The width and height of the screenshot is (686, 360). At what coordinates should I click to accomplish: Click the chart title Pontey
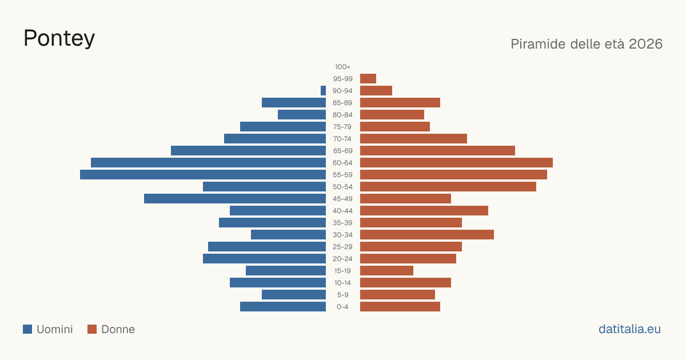pyautogui.click(x=59, y=39)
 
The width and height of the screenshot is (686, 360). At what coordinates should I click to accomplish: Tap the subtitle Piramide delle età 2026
pyautogui.click(x=587, y=44)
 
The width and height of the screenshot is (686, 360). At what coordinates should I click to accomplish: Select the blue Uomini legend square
pyautogui.click(x=27, y=329)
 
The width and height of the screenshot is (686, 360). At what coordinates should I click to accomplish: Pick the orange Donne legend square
pyautogui.click(x=92, y=329)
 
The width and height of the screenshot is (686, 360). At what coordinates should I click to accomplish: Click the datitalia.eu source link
pyautogui.click(x=629, y=329)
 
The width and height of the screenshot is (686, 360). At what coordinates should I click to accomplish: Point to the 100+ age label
pyautogui.click(x=342, y=67)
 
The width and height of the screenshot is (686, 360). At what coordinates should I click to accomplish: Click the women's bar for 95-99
pyautogui.click(x=368, y=79)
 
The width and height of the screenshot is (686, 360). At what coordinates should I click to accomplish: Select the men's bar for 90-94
pyautogui.click(x=323, y=91)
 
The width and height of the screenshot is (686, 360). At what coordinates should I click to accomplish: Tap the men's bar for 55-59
pyautogui.click(x=203, y=174)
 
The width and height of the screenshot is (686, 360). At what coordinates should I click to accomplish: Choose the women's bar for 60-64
pyautogui.click(x=456, y=162)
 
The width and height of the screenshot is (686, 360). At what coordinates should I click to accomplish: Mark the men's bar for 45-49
pyautogui.click(x=235, y=199)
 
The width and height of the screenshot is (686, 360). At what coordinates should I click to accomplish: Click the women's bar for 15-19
pyautogui.click(x=386, y=271)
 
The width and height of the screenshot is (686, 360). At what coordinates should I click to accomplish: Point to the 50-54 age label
pyautogui.click(x=342, y=187)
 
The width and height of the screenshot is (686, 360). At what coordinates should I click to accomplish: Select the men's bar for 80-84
pyautogui.click(x=302, y=114)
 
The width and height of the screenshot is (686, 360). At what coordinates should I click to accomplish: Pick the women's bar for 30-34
pyautogui.click(x=427, y=234)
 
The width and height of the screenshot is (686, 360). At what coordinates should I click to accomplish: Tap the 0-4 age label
pyautogui.click(x=342, y=307)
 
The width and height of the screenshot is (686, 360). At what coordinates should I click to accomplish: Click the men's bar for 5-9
pyautogui.click(x=294, y=294)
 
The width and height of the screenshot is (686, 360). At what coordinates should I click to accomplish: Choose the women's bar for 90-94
pyautogui.click(x=376, y=91)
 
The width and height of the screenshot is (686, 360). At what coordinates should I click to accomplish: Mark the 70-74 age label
pyautogui.click(x=342, y=139)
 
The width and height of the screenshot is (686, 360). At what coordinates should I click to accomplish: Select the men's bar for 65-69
pyautogui.click(x=248, y=151)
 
